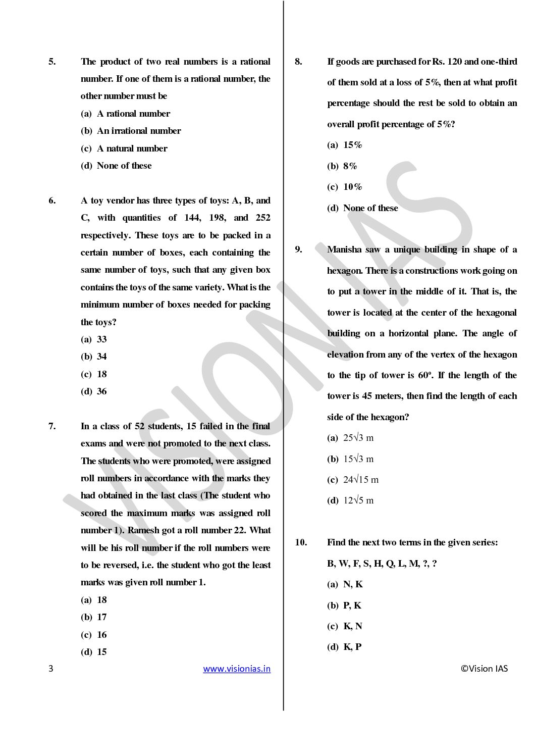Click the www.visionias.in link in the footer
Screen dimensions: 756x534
point(237,669)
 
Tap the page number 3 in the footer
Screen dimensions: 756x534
point(50,669)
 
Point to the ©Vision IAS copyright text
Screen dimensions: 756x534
point(484,669)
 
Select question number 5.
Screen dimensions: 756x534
point(52,62)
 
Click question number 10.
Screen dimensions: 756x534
point(301,542)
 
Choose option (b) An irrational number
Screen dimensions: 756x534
point(131,131)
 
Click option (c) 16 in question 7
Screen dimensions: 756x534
point(94,635)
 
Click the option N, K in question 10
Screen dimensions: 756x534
point(345,584)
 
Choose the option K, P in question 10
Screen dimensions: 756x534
point(345,647)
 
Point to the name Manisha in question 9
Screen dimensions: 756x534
point(344,249)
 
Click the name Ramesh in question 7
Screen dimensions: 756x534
point(144,530)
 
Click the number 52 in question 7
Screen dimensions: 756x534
point(139,426)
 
